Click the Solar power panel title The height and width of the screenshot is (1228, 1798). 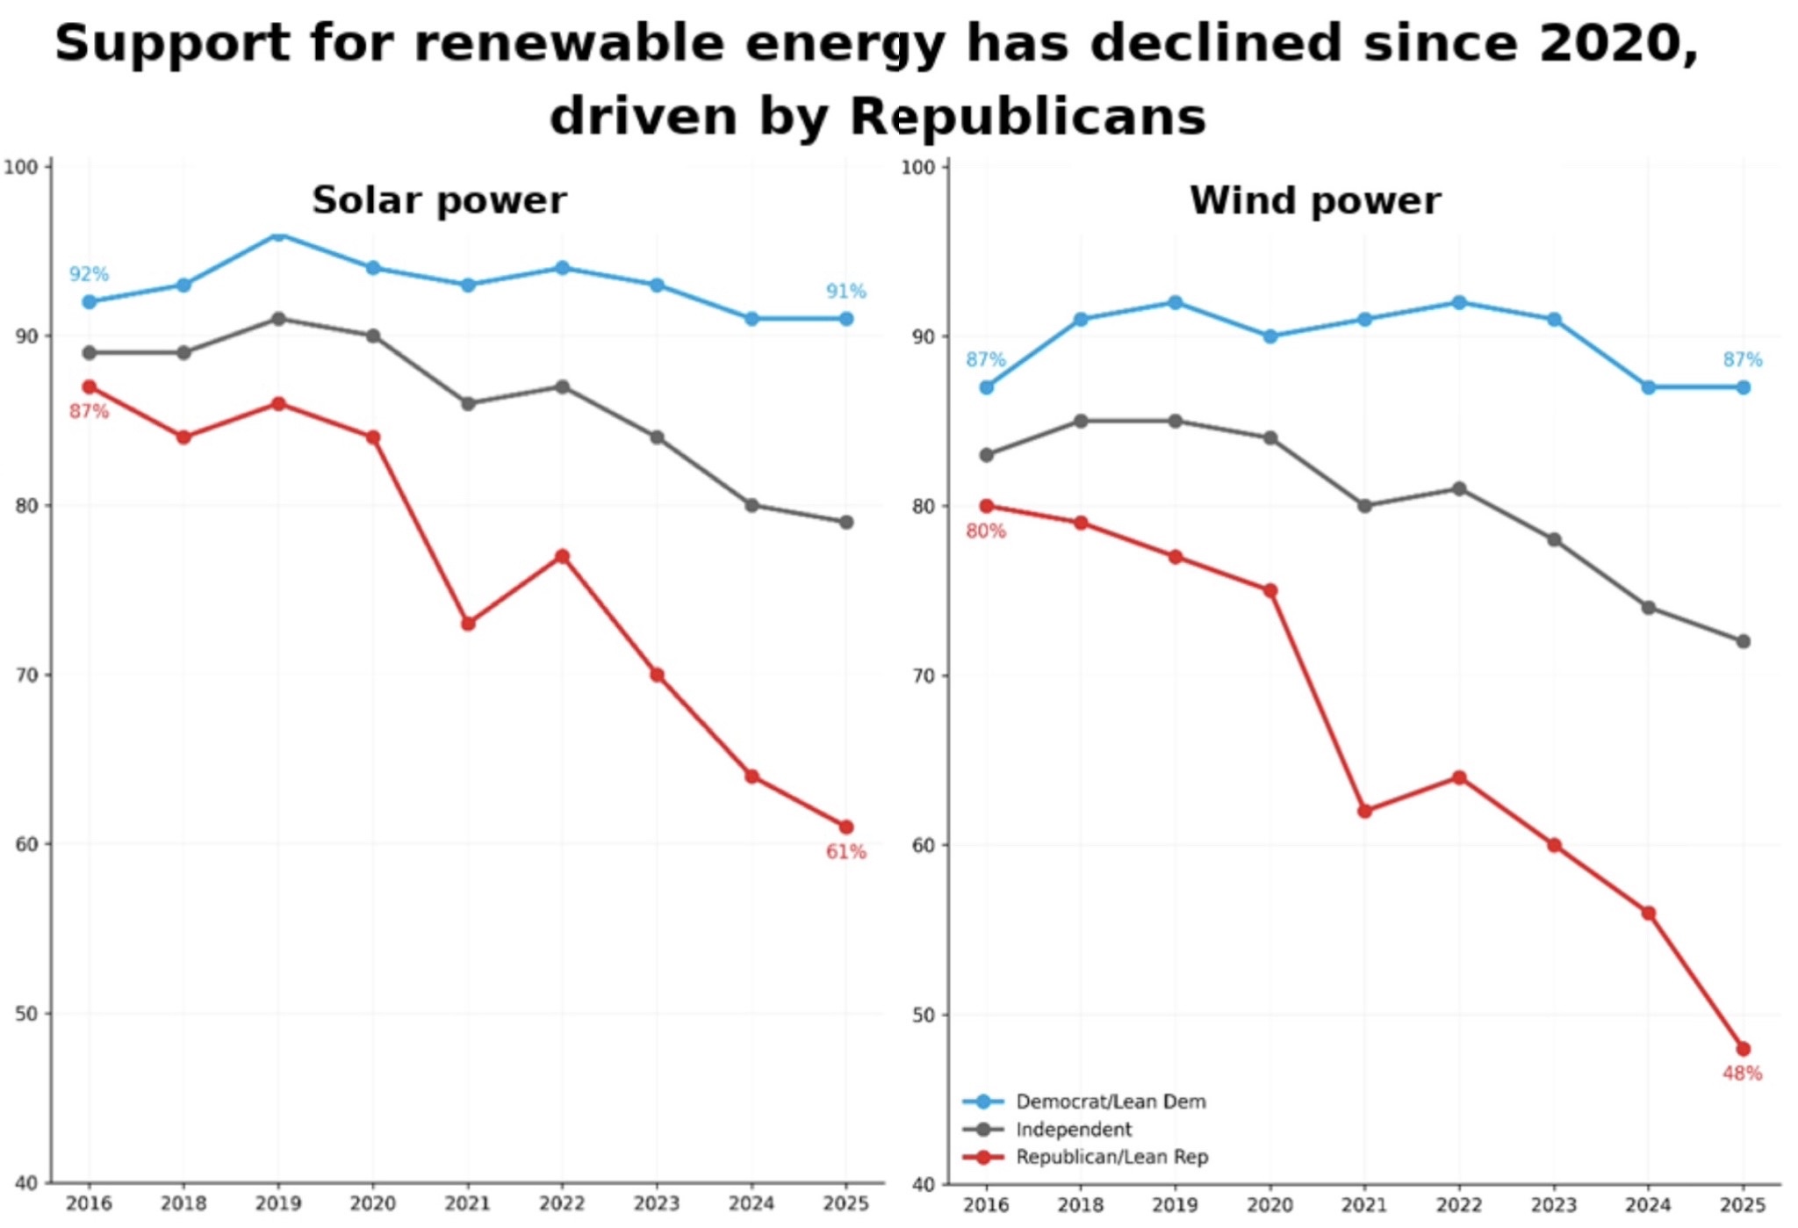click(439, 200)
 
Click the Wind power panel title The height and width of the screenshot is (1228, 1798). click(1314, 200)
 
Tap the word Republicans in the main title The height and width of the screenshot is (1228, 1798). click(1028, 116)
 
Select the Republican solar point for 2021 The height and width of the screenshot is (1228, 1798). click(468, 624)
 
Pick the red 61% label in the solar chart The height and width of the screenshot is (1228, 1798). click(845, 851)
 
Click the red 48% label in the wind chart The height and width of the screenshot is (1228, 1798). click(1742, 1073)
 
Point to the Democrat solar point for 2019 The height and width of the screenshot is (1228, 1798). click(278, 235)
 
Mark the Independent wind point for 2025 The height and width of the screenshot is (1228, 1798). click(1743, 641)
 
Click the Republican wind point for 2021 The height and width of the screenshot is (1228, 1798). click(1364, 811)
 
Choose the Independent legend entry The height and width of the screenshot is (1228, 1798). click(1073, 1129)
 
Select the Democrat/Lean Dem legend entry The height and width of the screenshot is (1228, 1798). click(1110, 1101)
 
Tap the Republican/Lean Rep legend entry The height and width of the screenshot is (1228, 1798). click(1111, 1157)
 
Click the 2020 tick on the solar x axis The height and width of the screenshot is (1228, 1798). click(373, 1203)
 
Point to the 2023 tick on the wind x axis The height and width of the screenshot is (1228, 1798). click(1554, 1204)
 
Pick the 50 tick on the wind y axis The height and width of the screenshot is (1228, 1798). click(924, 1015)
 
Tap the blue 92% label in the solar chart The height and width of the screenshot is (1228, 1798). click(89, 274)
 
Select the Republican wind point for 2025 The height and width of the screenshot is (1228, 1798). click(1743, 1049)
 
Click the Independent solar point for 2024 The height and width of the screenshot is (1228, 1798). click(752, 505)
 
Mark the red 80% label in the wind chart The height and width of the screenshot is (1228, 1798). click(985, 531)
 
